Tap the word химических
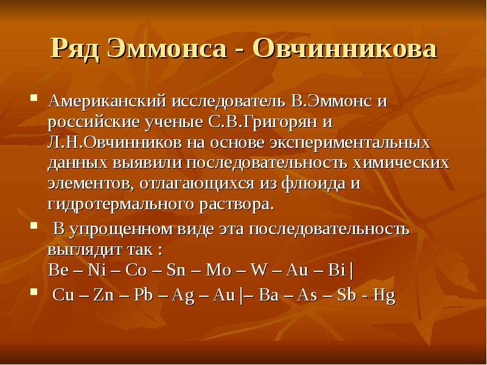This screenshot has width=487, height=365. click(401, 163)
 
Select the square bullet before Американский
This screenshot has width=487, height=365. click(34, 99)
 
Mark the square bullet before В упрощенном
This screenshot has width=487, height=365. click(34, 225)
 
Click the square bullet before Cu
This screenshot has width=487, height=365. click(34, 291)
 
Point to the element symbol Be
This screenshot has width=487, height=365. click(58, 270)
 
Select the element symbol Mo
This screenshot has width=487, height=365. click(219, 270)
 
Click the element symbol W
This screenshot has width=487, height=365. click(259, 270)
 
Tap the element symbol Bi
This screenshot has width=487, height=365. click(337, 270)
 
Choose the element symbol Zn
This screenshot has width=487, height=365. click(103, 295)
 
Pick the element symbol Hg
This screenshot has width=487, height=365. click(384, 296)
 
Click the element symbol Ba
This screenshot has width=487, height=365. click(268, 295)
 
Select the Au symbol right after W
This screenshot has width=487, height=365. click(296, 270)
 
